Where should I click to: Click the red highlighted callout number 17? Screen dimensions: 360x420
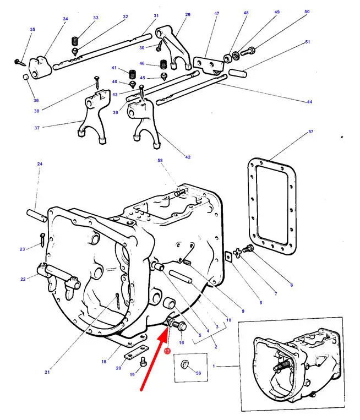click(x=167, y=351)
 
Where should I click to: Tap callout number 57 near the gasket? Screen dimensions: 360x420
click(x=310, y=132)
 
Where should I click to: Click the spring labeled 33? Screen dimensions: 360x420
click(x=75, y=41)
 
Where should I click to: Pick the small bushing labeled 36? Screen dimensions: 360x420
click(x=25, y=78)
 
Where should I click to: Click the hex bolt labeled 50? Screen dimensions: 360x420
click(x=248, y=51)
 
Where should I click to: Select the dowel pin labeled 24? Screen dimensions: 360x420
click(x=37, y=216)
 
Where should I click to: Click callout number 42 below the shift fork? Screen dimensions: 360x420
click(x=188, y=157)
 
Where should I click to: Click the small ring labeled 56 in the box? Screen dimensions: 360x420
click(x=184, y=364)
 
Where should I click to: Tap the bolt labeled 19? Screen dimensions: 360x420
click(x=143, y=362)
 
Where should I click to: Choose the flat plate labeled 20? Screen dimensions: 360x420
click(x=137, y=352)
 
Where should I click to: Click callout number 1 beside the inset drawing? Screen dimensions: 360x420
click(x=214, y=366)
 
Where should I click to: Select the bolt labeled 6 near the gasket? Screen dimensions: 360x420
click(x=248, y=248)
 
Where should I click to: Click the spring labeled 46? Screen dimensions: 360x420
click(x=163, y=64)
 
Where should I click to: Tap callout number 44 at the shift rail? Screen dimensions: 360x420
click(x=309, y=102)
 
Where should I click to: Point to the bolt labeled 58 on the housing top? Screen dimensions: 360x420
click(x=180, y=192)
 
